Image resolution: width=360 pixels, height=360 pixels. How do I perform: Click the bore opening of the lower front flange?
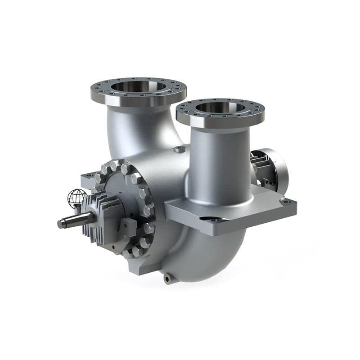coord(220,108)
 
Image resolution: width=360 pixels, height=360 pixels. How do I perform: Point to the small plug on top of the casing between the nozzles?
coord(180,149)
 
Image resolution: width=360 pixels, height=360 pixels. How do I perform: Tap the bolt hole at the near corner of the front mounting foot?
coord(216,220)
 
